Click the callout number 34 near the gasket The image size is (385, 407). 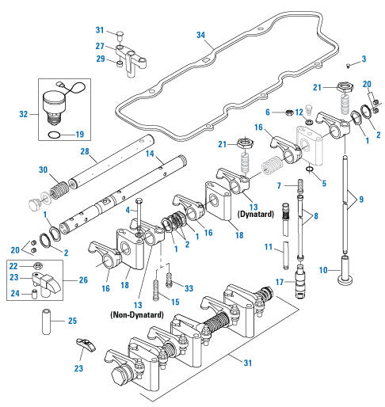[200, 35]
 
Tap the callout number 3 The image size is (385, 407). [364, 59]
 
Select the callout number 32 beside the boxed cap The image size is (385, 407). [25, 114]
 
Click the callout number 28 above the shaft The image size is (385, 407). [83, 151]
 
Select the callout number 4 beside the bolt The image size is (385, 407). [126, 210]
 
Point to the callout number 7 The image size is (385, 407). [280, 184]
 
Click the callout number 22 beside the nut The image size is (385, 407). [13, 266]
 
